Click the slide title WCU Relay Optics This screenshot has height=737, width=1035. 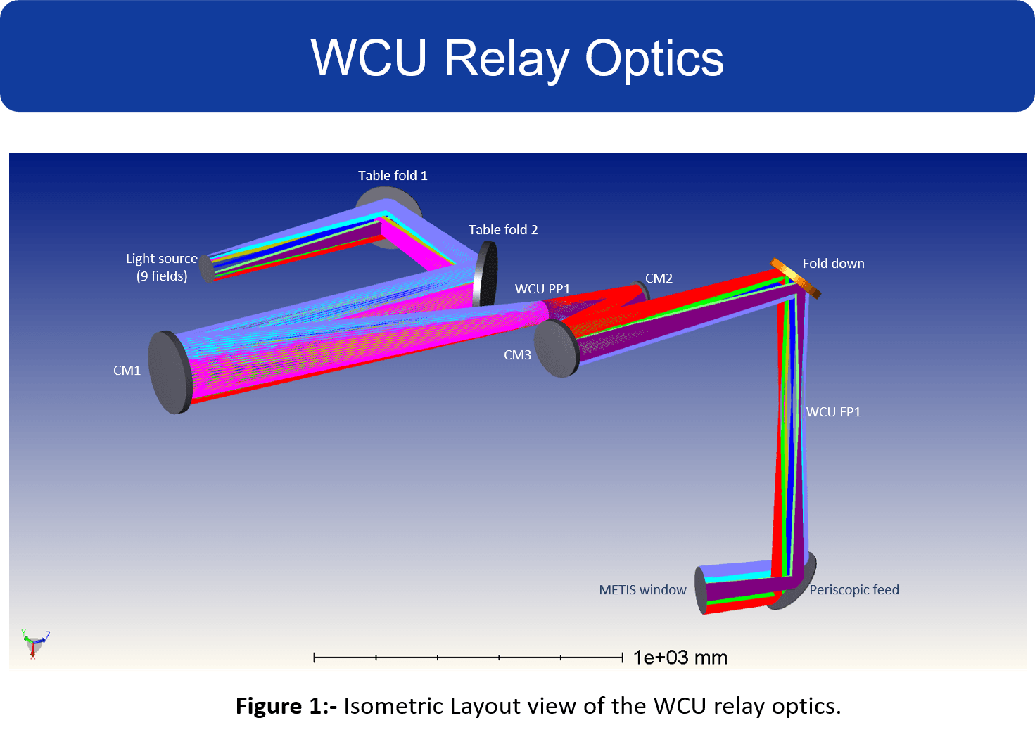point(517,58)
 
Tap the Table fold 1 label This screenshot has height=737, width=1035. point(393,176)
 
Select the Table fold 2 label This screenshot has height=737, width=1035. point(503,230)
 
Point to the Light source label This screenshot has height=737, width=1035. point(162,259)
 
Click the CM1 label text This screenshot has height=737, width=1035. point(127,371)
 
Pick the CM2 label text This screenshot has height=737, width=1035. point(659,278)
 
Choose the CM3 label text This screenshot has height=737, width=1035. point(517,355)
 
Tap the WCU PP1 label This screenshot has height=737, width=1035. point(542,289)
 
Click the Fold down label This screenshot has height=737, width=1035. point(833,264)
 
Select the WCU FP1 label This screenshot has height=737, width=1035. point(833,412)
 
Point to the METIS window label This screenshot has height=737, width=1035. point(642,590)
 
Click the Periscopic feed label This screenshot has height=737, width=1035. point(854,590)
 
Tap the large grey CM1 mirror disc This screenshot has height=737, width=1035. point(170,372)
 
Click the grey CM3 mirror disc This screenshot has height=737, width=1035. point(556,349)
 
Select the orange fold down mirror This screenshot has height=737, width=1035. point(796,278)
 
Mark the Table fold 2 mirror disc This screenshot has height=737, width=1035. point(485,274)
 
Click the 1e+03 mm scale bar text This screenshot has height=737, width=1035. point(680,658)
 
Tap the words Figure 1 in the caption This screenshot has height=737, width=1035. point(279,706)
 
